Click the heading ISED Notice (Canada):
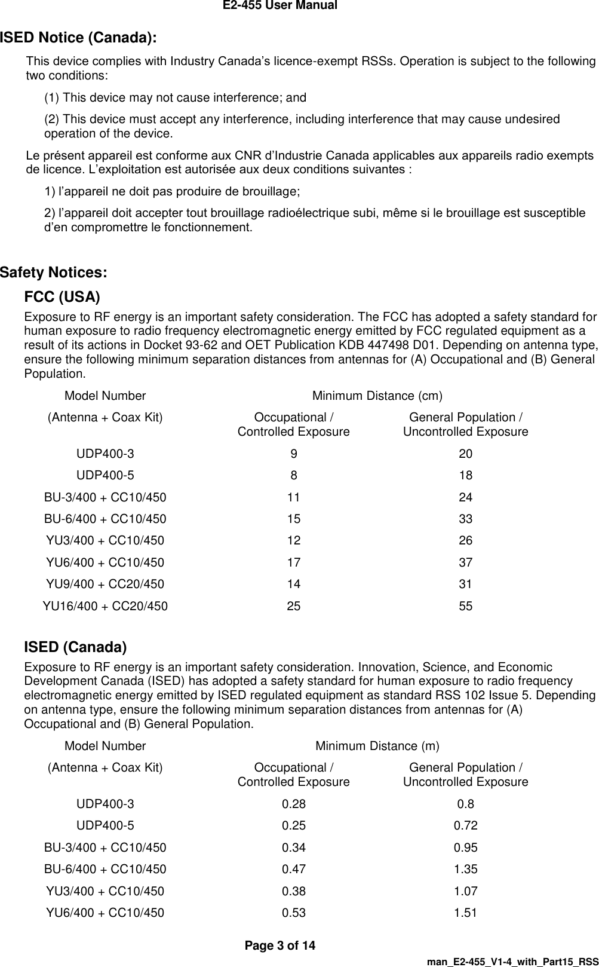click(78, 38)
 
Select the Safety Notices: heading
click(54, 273)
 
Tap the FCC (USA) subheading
click(62, 298)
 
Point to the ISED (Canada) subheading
click(75, 647)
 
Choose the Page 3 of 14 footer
click(280, 945)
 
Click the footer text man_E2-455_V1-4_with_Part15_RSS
click(512, 959)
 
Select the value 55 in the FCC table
click(465, 606)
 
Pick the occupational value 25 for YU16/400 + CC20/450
click(293, 606)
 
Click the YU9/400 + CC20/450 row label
click(105, 584)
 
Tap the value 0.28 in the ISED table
click(293, 804)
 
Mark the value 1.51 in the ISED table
click(465, 913)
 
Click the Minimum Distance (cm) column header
click(377, 396)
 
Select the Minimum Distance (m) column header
click(377, 746)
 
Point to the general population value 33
click(465, 519)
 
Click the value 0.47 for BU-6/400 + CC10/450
click(293, 869)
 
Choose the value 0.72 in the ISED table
click(465, 825)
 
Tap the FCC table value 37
click(465, 562)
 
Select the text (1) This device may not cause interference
click(175, 97)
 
